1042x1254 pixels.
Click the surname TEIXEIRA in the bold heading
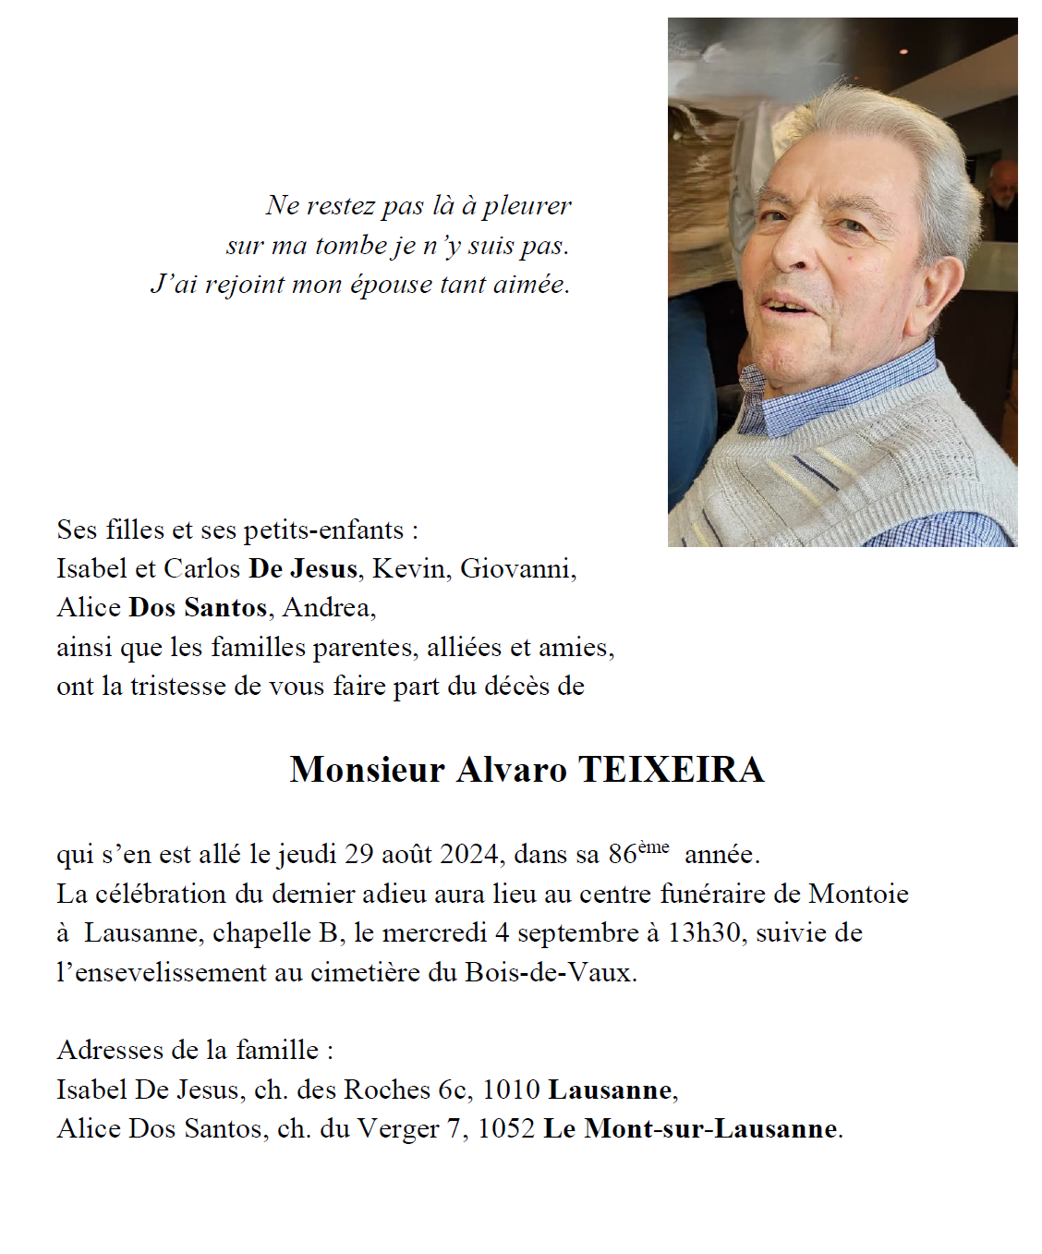pyautogui.click(x=671, y=770)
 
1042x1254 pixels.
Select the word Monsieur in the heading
pyautogui.click(x=368, y=770)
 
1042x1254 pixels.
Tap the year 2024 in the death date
pyautogui.click(x=470, y=854)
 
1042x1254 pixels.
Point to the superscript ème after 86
pyautogui.click(x=653, y=846)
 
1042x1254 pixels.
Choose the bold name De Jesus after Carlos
pyautogui.click(x=303, y=568)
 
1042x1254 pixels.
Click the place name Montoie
pyautogui.click(x=858, y=894)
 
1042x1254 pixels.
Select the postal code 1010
pyautogui.click(x=511, y=1090)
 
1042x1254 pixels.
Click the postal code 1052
pyautogui.click(x=506, y=1128)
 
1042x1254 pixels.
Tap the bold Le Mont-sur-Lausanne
pyautogui.click(x=691, y=1128)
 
